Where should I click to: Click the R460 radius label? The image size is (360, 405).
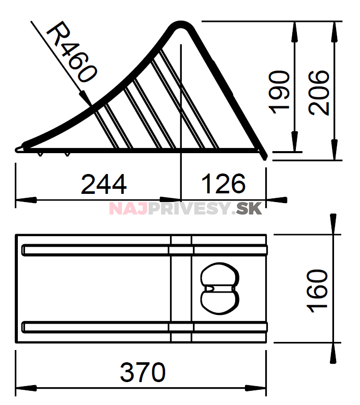tap(72, 52)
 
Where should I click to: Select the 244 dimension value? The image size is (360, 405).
tap(104, 184)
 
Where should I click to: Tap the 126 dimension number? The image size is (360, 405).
tap(224, 184)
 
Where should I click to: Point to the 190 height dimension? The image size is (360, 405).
tap(279, 92)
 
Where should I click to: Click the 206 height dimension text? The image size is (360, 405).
tap(319, 92)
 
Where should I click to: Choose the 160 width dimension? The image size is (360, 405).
tap(317, 291)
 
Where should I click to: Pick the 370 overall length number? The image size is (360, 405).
tap(143, 372)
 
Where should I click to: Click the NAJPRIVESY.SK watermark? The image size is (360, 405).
tap(185, 209)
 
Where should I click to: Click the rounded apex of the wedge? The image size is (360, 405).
tap(181, 24)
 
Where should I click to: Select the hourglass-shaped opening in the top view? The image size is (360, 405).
tap(219, 288)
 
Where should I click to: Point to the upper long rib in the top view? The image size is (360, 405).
tap(145, 250)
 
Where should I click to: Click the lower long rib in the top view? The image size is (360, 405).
tap(145, 327)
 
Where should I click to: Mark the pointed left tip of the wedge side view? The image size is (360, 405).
tap(16, 150)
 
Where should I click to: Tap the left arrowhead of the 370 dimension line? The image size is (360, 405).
tap(26, 388)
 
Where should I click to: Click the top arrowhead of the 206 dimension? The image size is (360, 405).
tap(334, 32)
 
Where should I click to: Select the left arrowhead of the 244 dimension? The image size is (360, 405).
tap(26, 200)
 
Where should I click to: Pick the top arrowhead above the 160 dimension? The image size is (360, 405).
tap(334, 224)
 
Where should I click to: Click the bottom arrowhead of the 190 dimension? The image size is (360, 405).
tap(295, 141)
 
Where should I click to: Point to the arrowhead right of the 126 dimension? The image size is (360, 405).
tap(276, 200)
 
